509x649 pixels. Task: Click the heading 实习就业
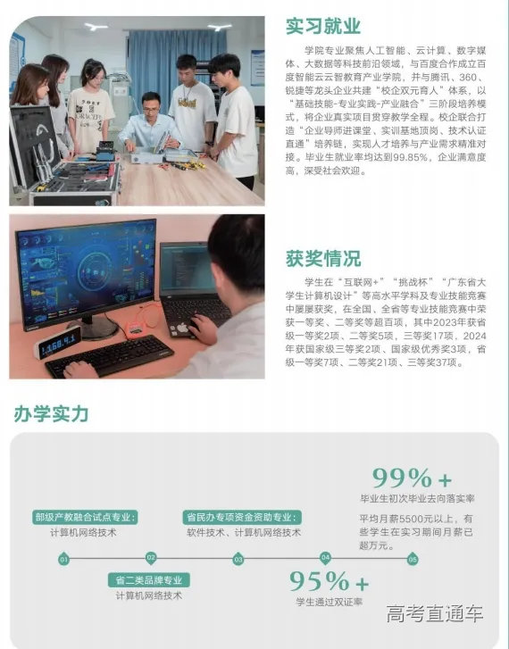[x=323, y=26]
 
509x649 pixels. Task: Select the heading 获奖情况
[x=323, y=259]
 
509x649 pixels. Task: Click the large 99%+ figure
[x=412, y=477]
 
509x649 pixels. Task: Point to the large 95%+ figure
[x=329, y=581]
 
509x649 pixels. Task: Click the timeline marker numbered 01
[x=63, y=560]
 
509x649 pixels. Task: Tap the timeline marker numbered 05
[x=413, y=560]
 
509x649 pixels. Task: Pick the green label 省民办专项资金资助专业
[x=242, y=516]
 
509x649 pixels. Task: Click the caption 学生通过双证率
[x=330, y=603]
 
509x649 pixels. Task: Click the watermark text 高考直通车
[x=435, y=614]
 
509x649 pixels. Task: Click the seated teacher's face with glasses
[x=149, y=105]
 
